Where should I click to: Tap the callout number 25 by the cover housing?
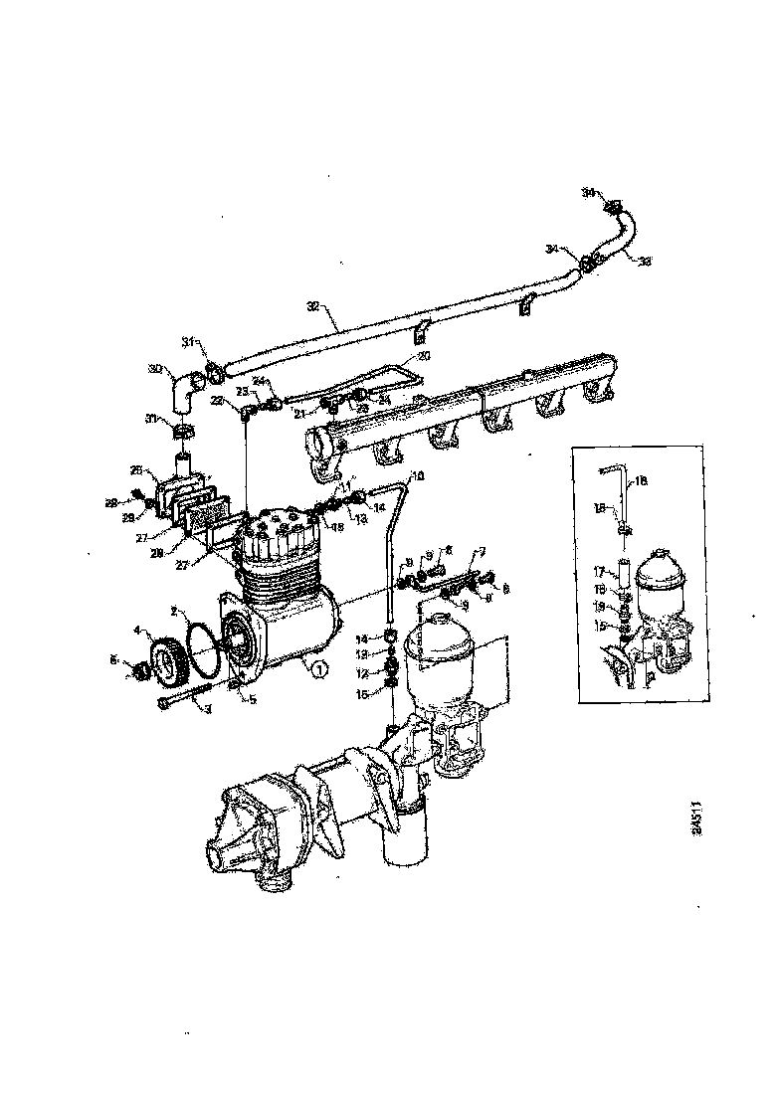coord(137,468)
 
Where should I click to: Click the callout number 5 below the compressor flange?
coord(252,699)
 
